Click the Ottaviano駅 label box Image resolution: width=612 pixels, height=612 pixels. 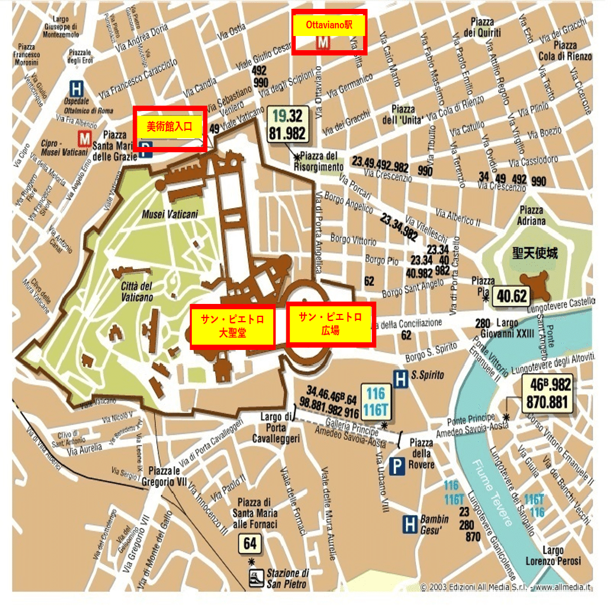(x=329, y=32)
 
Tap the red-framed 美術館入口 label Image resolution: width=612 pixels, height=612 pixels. (x=170, y=126)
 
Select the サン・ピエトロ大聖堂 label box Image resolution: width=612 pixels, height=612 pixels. (x=233, y=326)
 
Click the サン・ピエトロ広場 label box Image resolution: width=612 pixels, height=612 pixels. (x=330, y=324)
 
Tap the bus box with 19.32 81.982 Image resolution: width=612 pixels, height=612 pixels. (x=287, y=125)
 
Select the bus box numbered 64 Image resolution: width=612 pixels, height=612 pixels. (x=250, y=542)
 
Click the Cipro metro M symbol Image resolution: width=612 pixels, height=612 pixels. (x=86, y=138)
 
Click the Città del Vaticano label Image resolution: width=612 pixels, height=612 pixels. (x=137, y=292)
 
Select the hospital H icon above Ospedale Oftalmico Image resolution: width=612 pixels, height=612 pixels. (x=76, y=89)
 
